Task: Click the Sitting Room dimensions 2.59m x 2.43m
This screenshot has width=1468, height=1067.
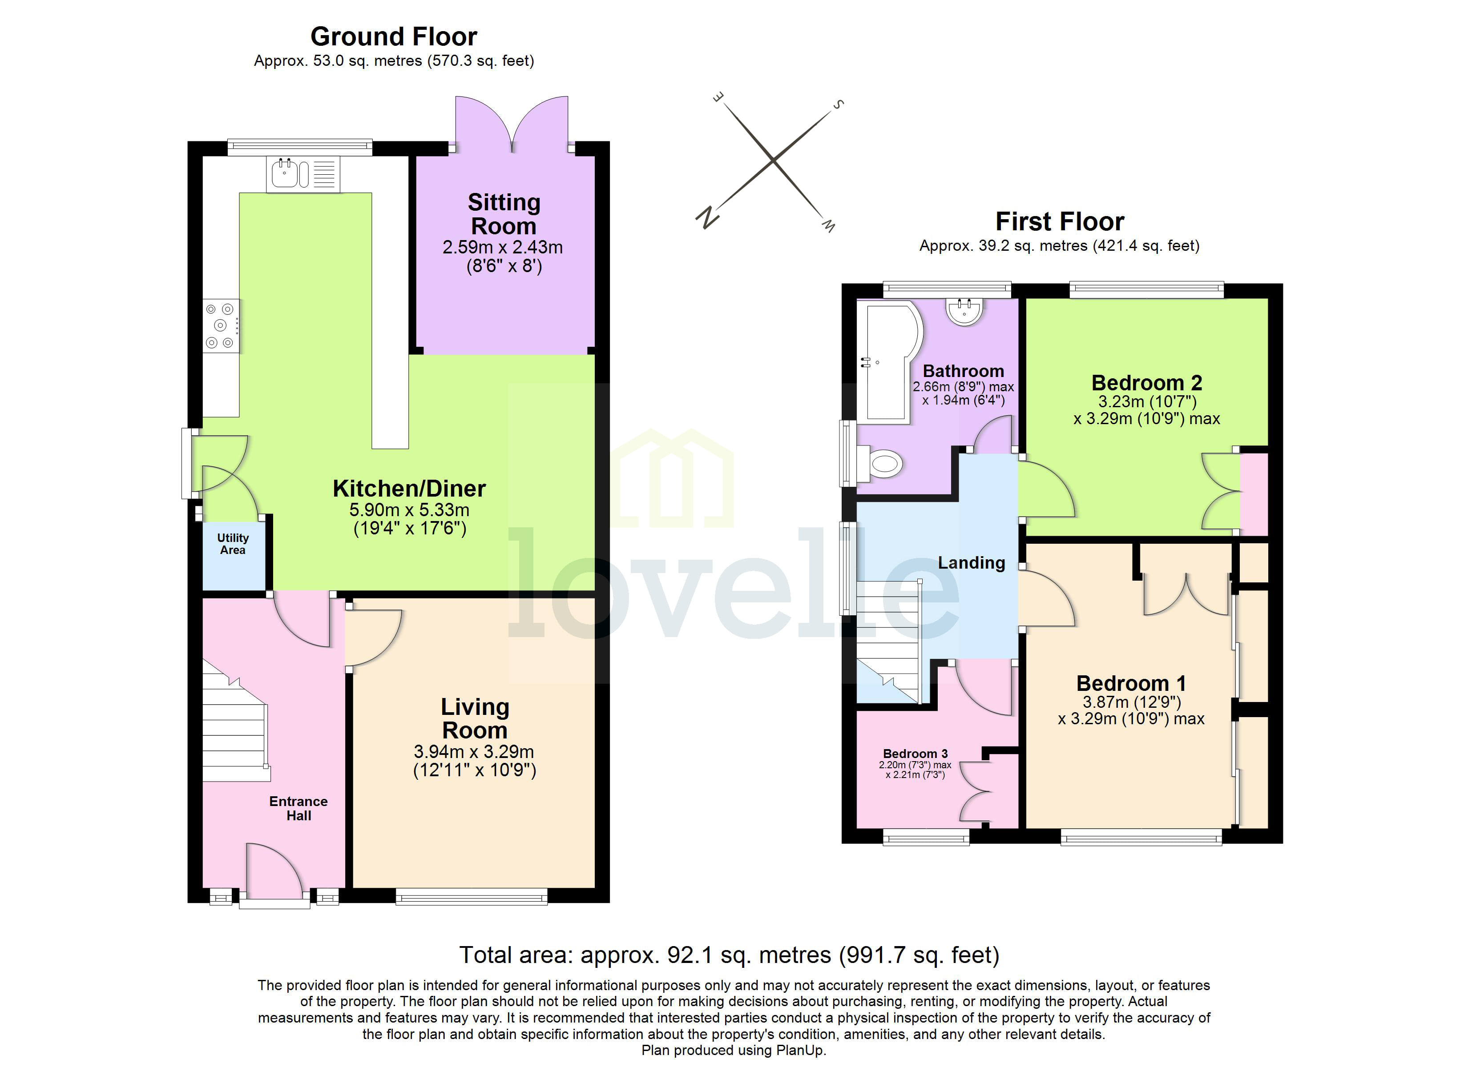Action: point(502,247)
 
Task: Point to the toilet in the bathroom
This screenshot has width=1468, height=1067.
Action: point(882,463)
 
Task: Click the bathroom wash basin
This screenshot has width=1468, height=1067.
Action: point(964,311)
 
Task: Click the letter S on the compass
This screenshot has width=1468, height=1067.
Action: point(838,104)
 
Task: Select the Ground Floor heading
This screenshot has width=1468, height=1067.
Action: point(394,37)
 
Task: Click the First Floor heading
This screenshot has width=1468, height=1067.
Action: point(1060,222)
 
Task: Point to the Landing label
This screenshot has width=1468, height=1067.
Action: point(971,563)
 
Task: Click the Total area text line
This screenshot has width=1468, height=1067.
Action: point(729,955)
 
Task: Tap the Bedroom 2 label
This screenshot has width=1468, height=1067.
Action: point(1146,383)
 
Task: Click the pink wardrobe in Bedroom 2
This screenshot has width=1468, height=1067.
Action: point(1254,494)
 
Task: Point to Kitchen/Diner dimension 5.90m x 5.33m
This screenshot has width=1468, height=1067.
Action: point(409,510)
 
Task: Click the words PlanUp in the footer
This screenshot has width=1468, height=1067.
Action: point(801,1050)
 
